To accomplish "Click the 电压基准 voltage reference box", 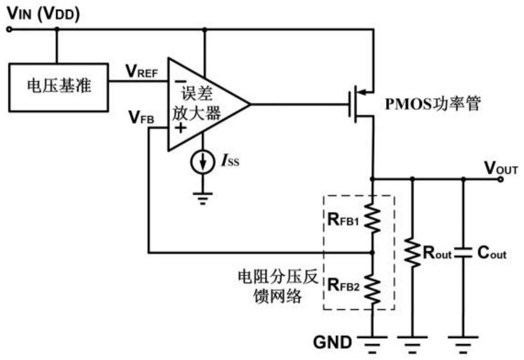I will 58,88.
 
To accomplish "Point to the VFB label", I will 141,117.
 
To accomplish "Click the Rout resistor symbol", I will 413,253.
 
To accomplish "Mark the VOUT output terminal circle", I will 501,179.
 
